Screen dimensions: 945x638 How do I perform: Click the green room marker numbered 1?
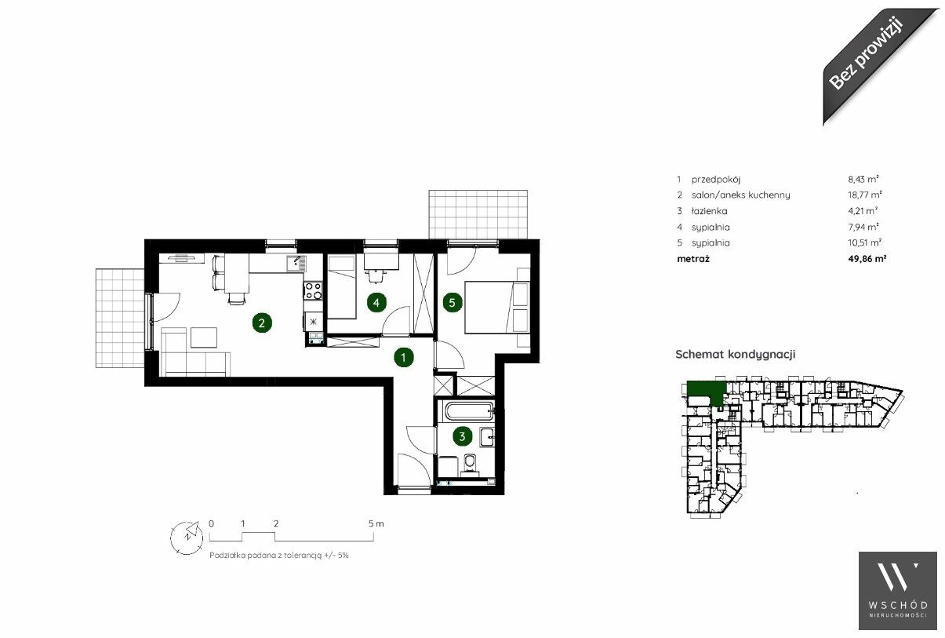(x=403, y=358)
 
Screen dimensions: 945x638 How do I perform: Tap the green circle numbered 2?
(x=262, y=323)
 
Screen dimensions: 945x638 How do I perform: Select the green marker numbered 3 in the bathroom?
(x=462, y=436)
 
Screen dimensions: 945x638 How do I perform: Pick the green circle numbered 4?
(x=376, y=302)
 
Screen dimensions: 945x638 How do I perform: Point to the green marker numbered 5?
(x=453, y=302)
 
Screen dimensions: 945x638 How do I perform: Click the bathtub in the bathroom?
(x=469, y=410)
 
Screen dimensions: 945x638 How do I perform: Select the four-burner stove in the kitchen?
(x=313, y=290)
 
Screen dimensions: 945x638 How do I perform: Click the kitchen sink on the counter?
(x=297, y=264)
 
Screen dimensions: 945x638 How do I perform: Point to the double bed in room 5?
(x=497, y=307)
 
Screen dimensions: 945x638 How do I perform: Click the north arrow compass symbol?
(x=187, y=538)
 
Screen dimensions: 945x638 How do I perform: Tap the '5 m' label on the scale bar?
(x=376, y=523)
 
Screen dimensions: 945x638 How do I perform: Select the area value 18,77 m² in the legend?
(x=865, y=195)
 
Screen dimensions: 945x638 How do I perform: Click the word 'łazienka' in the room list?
(x=709, y=210)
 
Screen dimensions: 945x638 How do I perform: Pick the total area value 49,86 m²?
(x=867, y=258)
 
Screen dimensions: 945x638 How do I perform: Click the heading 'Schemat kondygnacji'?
(x=736, y=354)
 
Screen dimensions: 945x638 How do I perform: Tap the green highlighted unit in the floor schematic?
(x=704, y=391)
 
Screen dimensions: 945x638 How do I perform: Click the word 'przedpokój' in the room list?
(x=715, y=179)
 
